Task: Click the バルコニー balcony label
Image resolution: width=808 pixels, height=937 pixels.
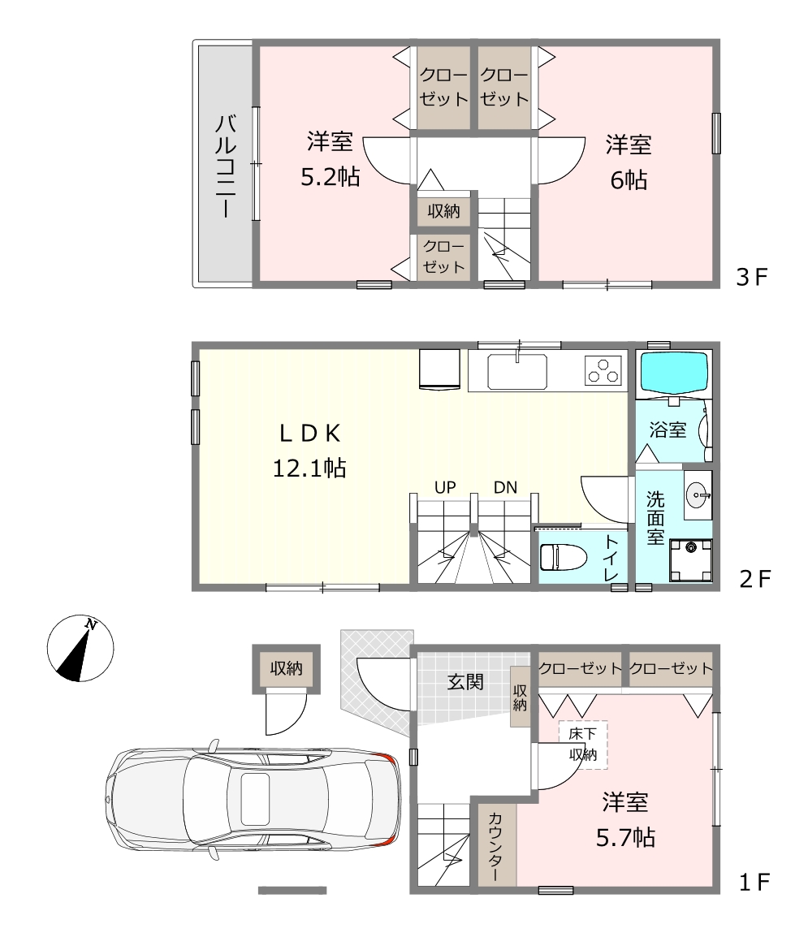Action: click(226, 166)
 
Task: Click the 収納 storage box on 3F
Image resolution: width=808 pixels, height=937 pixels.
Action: click(443, 211)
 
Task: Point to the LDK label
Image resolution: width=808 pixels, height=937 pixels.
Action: click(310, 434)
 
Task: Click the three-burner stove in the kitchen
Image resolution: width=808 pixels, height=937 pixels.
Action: click(603, 370)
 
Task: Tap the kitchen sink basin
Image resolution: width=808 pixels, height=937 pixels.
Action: click(517, 371)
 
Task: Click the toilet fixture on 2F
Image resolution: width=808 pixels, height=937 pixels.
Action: click(559, 557)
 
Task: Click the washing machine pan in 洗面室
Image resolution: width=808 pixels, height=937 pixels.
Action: click(690, 560)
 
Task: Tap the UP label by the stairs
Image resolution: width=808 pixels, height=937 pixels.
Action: click(445, 488)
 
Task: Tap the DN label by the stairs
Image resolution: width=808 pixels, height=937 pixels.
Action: click(505, 488)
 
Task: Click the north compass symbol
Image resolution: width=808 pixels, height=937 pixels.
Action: click(80, 649)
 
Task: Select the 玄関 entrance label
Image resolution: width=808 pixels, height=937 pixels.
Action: click(465, 682)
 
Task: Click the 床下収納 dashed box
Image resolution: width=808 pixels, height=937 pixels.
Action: click(583, 745)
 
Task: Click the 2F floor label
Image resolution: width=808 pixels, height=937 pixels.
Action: click(755, 578)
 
